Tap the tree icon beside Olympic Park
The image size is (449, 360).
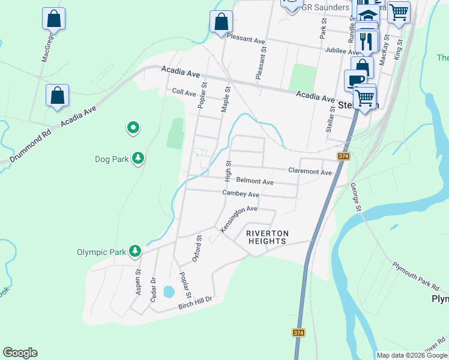[136, 251]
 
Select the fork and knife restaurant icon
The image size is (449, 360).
[366, 41]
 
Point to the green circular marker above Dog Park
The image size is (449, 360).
[133, 127]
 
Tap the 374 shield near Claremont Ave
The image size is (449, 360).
[343, 157]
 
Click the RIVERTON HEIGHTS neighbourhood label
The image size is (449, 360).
[268, 237]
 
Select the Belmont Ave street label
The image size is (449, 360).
[255, 181]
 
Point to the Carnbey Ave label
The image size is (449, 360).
[241, 194]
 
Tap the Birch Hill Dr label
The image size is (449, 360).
[196, 305]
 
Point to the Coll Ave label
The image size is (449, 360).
[184, 93]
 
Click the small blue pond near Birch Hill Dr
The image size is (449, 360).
[169, 292]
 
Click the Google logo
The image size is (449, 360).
[20, 353]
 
